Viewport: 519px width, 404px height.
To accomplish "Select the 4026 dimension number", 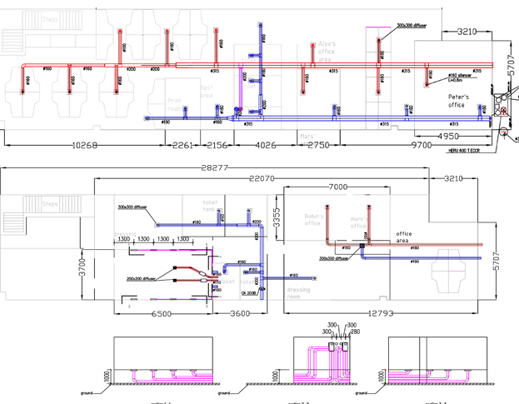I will [x=265, y=145].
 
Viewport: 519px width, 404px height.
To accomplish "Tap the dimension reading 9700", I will [x=422, y=145].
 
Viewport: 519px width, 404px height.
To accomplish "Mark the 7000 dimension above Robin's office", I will [x=338, y=187].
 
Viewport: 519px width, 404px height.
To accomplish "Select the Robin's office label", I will [x=313, y=220].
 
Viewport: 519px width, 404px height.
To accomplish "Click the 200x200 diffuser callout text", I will [x=142, y=279].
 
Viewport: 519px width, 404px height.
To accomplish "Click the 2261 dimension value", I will [x=183, y=145].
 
